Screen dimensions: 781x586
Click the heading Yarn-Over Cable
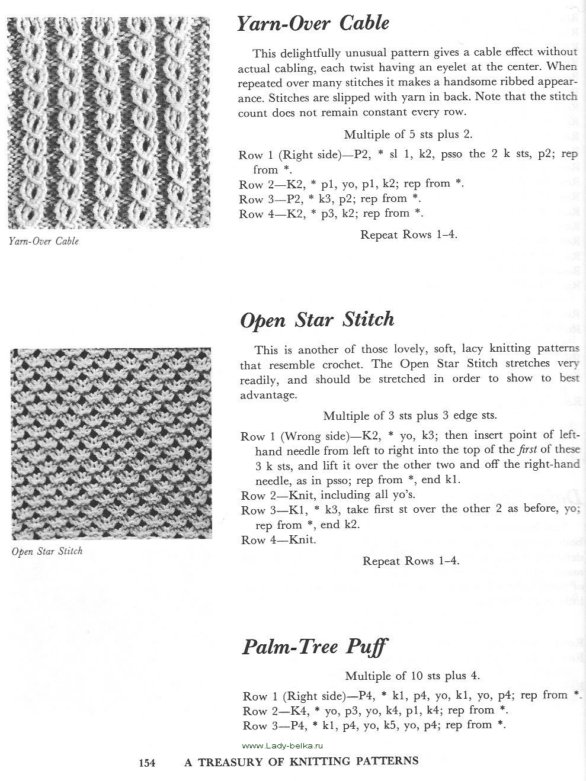[x=313, y=24]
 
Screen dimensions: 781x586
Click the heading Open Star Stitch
[x=317, y=320]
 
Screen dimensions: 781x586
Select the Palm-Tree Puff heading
[x=315, y=645]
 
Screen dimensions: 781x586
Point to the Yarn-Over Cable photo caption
[x=44, y=242]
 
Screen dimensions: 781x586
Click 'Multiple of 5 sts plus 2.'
[x=408, y=134]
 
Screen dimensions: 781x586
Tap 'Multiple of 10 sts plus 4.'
[x=412, y=675]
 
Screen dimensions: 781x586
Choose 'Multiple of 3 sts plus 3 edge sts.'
[x=410, y=416]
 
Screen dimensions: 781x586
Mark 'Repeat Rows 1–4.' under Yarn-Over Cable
[x=409, y=234]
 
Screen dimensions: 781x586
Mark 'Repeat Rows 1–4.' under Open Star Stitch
[x=411, y=561]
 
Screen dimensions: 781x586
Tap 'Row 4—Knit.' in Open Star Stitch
[x=278, y=540]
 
